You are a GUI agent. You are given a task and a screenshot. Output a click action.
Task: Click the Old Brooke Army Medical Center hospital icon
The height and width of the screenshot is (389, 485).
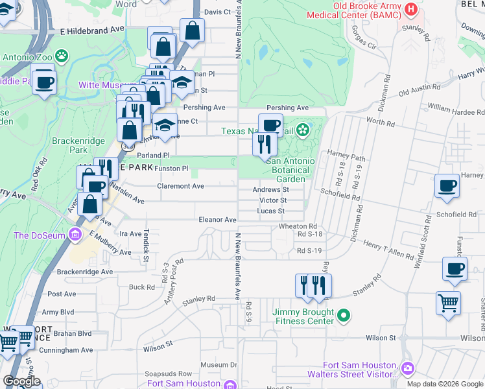tap(410, 10)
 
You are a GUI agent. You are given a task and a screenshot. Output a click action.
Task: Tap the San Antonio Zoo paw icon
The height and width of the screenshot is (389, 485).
tap(62, 56)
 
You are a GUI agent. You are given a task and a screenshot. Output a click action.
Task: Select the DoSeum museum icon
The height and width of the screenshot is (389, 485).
tap(76, 234)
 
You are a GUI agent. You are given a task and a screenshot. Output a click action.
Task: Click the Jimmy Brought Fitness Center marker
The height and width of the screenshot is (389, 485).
tap(344, 316)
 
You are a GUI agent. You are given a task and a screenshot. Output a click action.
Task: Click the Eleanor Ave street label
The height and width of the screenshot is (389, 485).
tap(218, 220)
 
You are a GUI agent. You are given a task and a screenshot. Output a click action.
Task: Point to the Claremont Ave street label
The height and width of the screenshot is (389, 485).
tap(181, 186)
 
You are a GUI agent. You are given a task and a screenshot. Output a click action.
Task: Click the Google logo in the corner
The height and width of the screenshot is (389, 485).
tap(21, 381)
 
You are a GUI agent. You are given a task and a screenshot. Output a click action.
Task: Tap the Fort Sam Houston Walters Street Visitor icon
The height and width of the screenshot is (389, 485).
tap(407, 368)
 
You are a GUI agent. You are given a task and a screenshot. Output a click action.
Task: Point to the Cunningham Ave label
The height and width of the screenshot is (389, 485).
tap(65, 349)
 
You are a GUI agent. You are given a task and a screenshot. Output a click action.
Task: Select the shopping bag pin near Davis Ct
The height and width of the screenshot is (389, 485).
tap(193, 30)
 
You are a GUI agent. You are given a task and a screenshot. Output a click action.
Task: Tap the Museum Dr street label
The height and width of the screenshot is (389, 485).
tap(219, 365)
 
